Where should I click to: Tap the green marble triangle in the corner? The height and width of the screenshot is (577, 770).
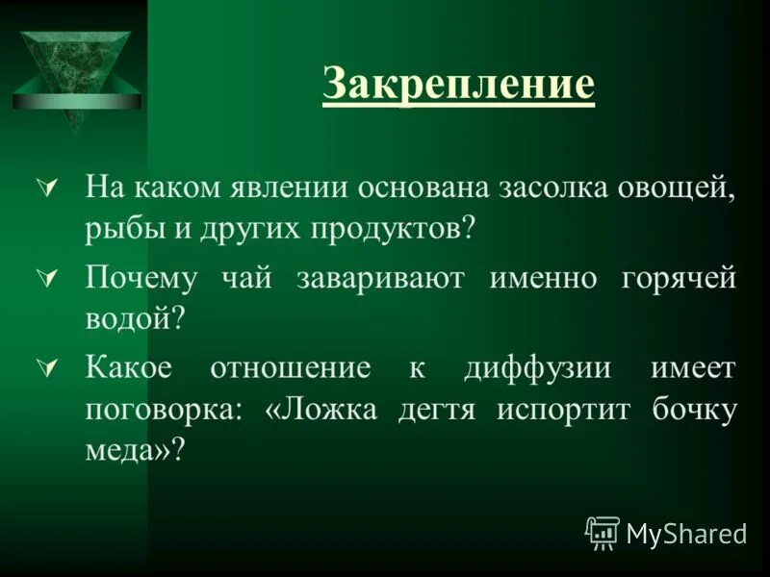(x=76, y=72)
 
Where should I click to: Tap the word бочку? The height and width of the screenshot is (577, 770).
(x=690, y=409)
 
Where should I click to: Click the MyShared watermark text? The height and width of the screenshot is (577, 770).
(x=686, y=533)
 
